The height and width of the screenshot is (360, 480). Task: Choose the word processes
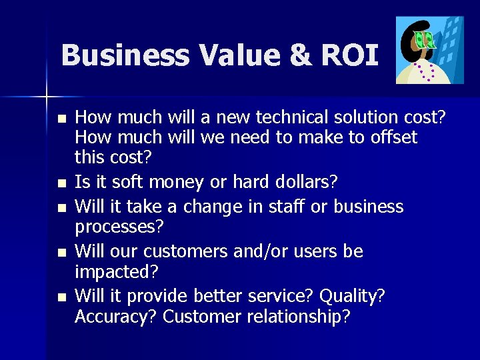pyautogui.click(x=119, y=227)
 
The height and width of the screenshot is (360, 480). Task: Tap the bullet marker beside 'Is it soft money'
pyautogui.click(x=61, y=183)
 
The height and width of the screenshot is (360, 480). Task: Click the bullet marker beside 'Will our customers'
pyautogui.click(x=61, y=252)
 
